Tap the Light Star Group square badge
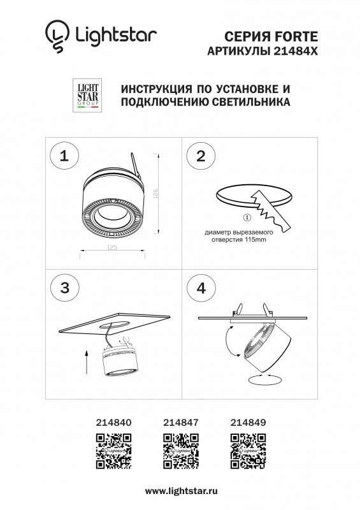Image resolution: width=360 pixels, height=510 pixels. [87, 96]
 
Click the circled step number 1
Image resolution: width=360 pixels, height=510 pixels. [64, 157]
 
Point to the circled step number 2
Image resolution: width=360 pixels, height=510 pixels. [201, 157]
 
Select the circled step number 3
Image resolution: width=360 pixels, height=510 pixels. [64, 288]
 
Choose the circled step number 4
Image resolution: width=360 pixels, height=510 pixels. [201, 288]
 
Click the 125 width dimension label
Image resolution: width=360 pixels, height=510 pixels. [113, 247]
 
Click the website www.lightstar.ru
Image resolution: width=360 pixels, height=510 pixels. [181, 492]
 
